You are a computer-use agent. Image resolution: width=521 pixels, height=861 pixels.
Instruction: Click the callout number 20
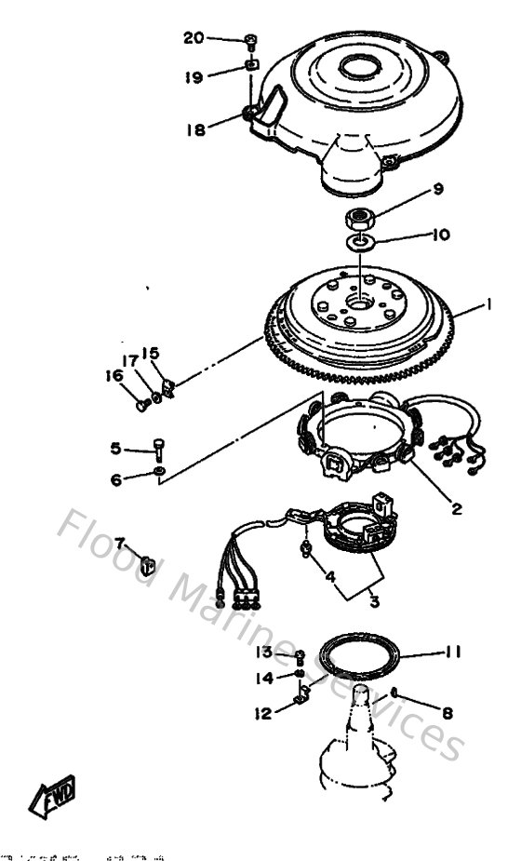(194, 38)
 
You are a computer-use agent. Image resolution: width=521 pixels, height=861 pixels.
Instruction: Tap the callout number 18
(195, 130)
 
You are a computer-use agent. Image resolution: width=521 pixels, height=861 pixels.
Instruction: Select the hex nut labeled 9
(359, 220)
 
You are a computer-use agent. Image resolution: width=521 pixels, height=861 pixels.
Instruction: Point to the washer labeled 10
(361, 243)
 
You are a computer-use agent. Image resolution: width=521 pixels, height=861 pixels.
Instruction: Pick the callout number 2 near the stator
(457, 508)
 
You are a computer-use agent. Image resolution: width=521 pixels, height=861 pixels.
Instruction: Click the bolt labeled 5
(159, 448)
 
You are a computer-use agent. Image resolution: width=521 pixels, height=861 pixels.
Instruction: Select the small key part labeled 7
(147, 561)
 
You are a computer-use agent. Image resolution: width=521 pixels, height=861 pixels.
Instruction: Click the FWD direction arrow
(52, 795)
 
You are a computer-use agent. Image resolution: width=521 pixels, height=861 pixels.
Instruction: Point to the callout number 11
(452, 652)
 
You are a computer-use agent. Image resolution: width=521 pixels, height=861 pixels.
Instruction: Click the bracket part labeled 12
(301, 694)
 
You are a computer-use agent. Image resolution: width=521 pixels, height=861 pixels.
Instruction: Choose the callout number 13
(264, 652)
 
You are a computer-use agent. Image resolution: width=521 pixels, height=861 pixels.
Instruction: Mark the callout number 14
(264, 679)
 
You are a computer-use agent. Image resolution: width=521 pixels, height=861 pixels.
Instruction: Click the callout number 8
(448, 714)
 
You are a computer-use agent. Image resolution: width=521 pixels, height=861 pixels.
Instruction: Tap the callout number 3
(373, 602)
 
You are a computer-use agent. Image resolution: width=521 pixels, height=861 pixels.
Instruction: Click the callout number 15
(151, 354)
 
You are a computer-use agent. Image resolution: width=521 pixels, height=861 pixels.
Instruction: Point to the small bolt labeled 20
(251, 40)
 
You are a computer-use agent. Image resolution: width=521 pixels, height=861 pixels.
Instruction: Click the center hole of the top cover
(358, 67)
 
